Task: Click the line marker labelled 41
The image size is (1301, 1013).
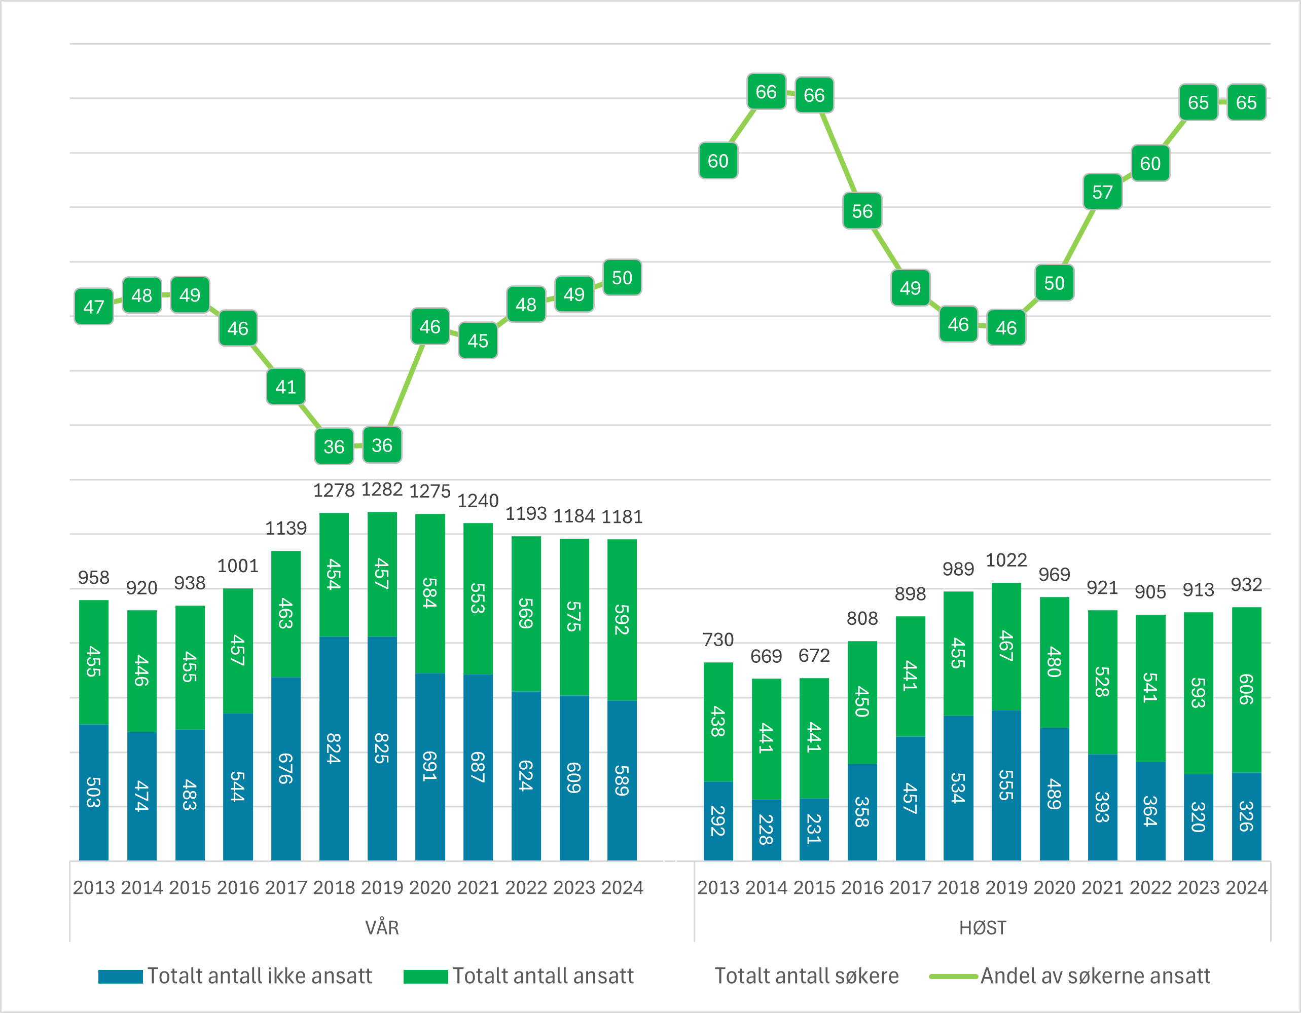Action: (x=286, y=387)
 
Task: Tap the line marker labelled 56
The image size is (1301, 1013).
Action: (x=862, y=211)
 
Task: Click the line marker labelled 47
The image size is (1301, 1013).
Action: (x=93, y=307)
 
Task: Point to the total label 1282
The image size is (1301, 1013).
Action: (x=382, y=490)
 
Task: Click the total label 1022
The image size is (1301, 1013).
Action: (x=1006, y=560)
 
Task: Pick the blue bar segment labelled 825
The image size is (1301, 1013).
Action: (x=382, y=748)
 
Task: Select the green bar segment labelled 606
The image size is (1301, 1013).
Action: (x=1246, y=690)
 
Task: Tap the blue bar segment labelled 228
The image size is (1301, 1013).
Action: (x=766, y=830)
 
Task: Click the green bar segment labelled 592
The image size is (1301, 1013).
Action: (x=622, y=619)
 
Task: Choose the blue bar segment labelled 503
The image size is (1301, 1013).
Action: (x=93, y=792)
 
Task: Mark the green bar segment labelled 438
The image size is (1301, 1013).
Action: (x=718, y=721)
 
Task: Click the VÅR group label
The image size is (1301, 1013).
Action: (x=382, y=927)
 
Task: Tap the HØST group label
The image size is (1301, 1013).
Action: (x=982, y=927)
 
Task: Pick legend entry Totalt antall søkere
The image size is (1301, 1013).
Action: (x=806, y=976)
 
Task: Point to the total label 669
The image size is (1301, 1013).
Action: (x=766, y=656)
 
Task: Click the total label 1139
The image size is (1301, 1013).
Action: (x=286, y=528)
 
